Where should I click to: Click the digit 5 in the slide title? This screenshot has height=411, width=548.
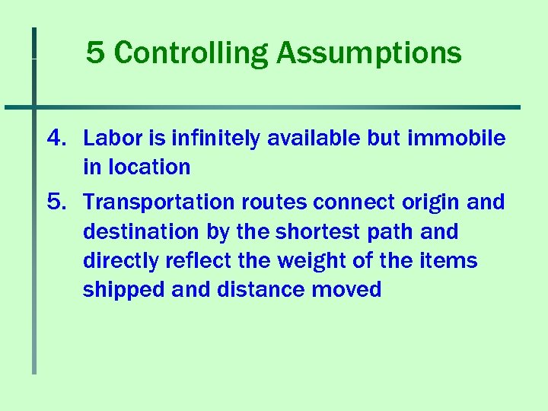[94, 53]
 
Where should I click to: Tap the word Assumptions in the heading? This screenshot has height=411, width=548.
[368, 53]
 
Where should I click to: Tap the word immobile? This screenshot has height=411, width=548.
[457, 138]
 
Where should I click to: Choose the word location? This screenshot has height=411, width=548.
[147, 167]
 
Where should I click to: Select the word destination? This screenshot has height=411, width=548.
[142, 231]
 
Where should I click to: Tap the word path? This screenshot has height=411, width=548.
[381, 231]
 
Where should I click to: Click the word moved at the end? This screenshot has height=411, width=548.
[347, 289]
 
